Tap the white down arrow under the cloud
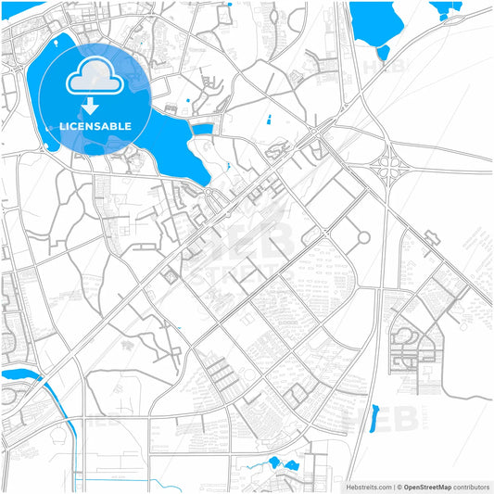[90, 106]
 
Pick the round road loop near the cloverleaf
[362, 236]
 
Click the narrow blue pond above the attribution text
[375, 418]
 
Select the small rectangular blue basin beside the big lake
[203, 128]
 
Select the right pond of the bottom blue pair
[291, 463]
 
